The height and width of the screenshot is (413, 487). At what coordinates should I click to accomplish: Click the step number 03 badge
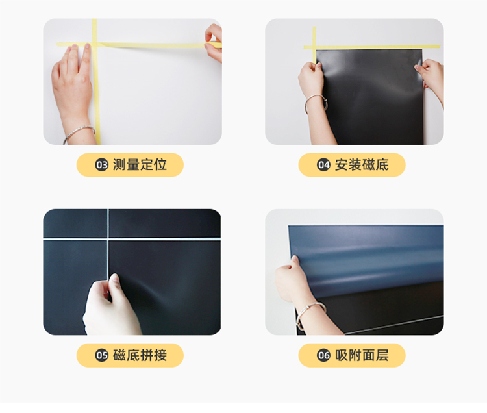[101, 165]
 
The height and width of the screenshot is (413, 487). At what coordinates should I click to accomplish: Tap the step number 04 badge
[323, 165]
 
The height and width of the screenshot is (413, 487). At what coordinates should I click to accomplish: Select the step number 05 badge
[101, 355]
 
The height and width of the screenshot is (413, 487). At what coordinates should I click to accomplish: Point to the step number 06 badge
[323, 355]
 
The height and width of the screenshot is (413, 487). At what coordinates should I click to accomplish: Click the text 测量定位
[140, 165]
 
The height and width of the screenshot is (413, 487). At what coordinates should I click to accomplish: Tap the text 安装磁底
[362, 165]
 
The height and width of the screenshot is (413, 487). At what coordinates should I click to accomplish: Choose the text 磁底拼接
[140, 355]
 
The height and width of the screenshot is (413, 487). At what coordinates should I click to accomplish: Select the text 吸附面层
[362, 355]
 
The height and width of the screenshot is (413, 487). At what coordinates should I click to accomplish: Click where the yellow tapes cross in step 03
[94, 45]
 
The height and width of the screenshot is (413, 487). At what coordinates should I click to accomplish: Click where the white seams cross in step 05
[108, 239]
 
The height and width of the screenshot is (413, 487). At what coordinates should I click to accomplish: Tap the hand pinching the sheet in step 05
[111, 306]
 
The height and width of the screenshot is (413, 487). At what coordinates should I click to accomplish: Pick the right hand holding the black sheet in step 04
[430, 78]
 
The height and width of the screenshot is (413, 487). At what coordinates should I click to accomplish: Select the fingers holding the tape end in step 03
[214, 42]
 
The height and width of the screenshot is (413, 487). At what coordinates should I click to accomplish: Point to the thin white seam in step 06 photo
[394, 325]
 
